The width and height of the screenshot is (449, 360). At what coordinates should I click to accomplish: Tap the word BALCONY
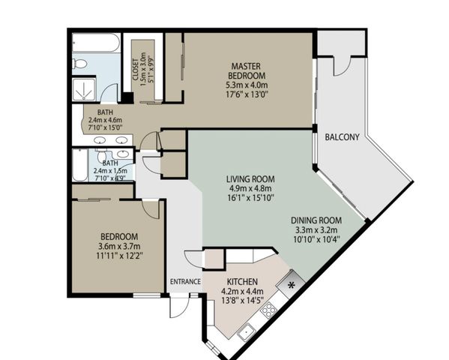point(341,137)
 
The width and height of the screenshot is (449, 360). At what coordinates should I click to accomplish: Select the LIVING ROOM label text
point(250,179)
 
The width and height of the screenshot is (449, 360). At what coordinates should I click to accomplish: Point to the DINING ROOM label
point(317,221)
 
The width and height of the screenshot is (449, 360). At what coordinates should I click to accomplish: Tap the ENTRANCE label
point(185,282)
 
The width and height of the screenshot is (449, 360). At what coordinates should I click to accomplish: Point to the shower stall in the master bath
point(85,90)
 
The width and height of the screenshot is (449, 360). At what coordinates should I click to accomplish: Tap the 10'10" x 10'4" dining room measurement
point(317,241)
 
